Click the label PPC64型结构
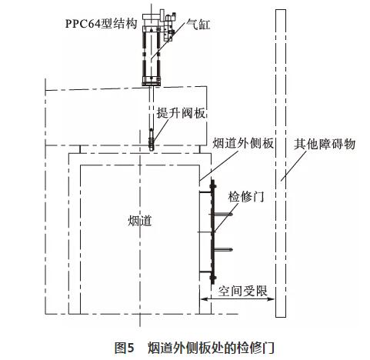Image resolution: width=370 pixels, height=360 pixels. click(101, 24)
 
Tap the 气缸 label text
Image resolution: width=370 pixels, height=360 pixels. click(198, 25)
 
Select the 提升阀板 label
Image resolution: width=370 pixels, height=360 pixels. click(182, 112)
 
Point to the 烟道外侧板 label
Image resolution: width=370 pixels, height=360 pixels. click(243, 143)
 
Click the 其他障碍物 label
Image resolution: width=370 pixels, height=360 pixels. click(325, 144)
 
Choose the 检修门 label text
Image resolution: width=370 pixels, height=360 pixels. click(246, 197)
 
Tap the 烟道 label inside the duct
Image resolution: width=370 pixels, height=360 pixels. click(140, 221)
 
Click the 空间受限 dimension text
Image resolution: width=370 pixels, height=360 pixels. click(242, 291)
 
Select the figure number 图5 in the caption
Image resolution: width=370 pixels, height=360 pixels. click(125, 348)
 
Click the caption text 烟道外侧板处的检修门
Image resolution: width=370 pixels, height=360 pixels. click(211, 348)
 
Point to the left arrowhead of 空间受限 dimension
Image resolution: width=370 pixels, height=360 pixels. click(203, 298)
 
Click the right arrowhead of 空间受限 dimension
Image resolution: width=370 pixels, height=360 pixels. click(272, 298)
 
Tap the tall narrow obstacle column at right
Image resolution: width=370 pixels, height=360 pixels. click(281, 164)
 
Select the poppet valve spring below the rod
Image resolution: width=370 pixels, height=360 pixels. click(152, 143)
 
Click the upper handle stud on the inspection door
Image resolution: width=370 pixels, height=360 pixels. click(223, 214)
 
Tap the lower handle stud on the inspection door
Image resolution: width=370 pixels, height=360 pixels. click(223, 249)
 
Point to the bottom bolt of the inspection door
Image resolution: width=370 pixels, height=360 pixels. click(213, 278)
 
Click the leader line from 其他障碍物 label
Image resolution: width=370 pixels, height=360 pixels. click(294, 166)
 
